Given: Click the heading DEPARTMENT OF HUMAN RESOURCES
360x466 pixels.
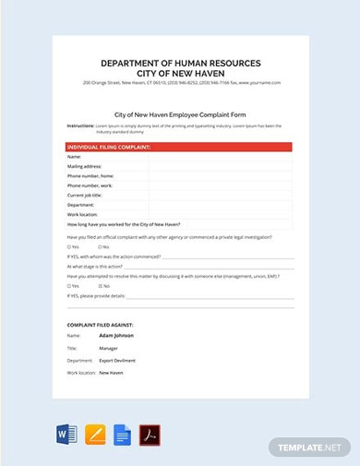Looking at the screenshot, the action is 179,63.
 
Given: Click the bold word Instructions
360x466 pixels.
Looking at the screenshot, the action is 81,125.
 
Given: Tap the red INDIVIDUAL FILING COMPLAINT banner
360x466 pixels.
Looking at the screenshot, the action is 178,147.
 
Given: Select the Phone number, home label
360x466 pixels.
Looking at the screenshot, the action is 91,175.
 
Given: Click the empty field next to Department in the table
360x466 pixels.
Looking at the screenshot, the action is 220,205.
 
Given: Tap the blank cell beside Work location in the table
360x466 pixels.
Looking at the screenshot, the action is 220,214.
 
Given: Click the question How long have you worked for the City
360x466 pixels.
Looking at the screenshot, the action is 125,224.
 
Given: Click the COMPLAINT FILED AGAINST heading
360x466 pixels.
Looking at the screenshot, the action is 101,325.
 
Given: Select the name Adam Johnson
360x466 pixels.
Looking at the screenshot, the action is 116,336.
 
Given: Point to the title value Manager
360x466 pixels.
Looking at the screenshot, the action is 108,349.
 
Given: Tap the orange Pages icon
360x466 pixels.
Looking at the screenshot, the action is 94,435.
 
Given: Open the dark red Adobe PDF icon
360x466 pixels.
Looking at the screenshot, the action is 150,435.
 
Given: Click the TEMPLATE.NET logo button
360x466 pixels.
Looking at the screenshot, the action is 310,447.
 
